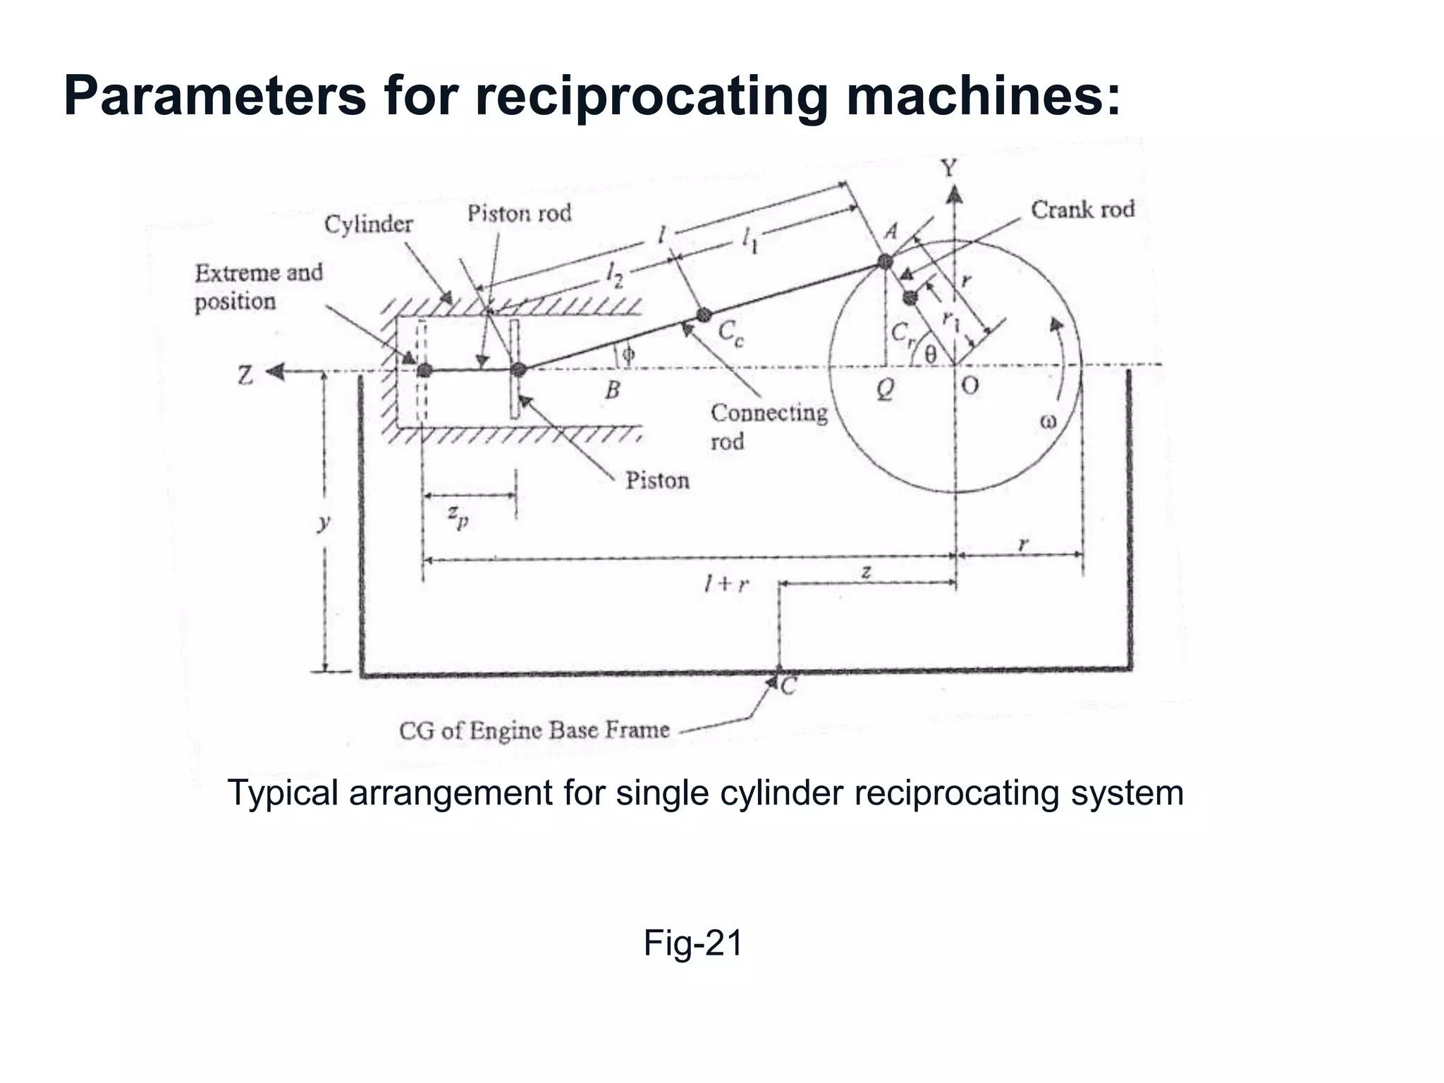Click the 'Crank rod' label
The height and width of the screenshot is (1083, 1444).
coord(1082,210)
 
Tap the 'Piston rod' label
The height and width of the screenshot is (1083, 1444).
coord(519,214)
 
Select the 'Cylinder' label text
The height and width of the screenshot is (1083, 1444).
coord(368,225)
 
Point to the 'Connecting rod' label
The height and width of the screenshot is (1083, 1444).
coord(768,427)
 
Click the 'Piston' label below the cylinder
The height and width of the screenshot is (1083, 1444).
coord(657,481)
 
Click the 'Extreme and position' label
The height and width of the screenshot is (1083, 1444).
coord(258,287)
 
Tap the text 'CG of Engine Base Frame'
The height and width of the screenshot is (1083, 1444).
coord(534,730)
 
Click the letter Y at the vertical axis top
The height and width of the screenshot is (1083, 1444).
coord(949,169)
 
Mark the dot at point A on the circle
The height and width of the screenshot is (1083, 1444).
coord(886,262)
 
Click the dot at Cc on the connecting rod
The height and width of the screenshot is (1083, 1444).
coord(704,314)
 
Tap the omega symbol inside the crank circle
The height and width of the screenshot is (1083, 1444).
coord(1048,422)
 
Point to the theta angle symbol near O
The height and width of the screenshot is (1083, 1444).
coord(930,354)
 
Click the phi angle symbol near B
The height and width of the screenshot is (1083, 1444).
coord(628,355)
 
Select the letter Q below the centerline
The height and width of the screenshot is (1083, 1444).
coord(885,388)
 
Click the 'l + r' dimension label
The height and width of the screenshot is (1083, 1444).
coord(726,584)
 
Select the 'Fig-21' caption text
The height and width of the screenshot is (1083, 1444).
coord(692,943)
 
